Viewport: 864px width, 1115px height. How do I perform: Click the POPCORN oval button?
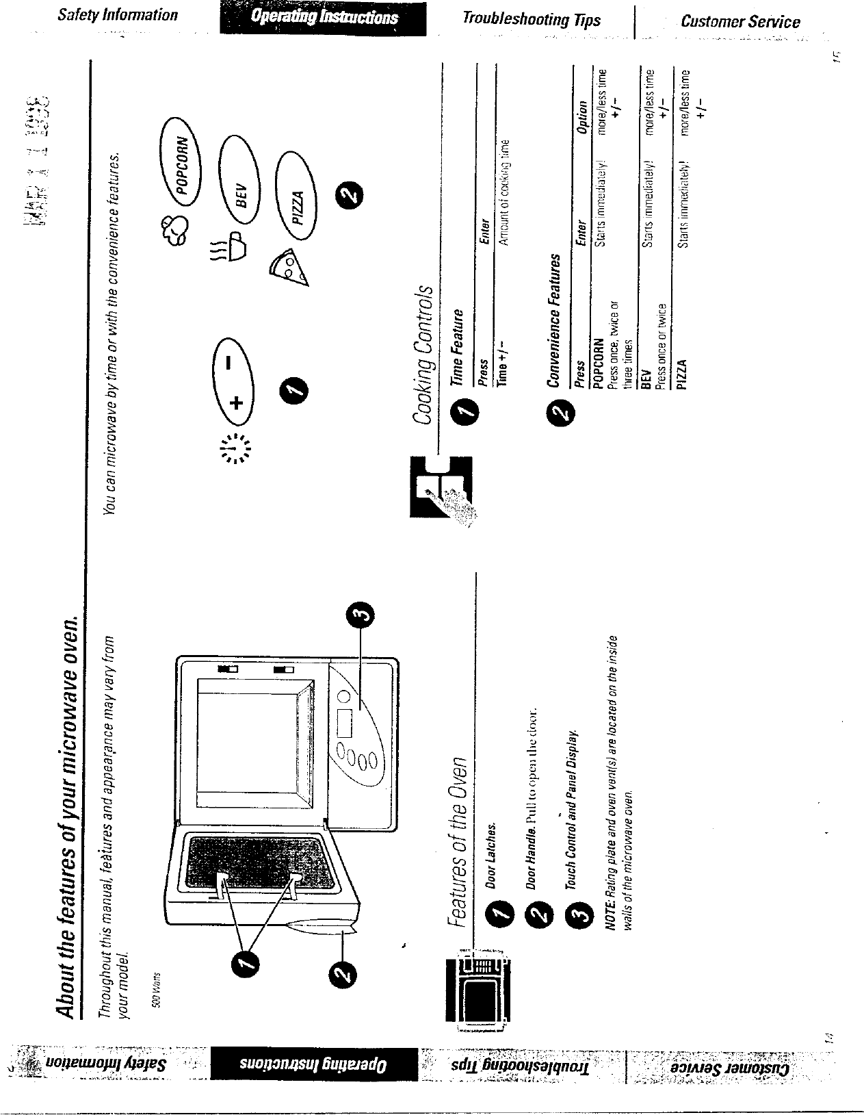tap(183, 164)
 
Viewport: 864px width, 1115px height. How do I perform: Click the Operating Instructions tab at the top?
tap(324, 18)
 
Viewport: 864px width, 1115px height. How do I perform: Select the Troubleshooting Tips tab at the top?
tap(531, 19)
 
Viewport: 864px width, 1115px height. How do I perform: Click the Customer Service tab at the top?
tap(740, 22)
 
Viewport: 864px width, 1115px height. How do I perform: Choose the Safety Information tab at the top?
tap(118, 14)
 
